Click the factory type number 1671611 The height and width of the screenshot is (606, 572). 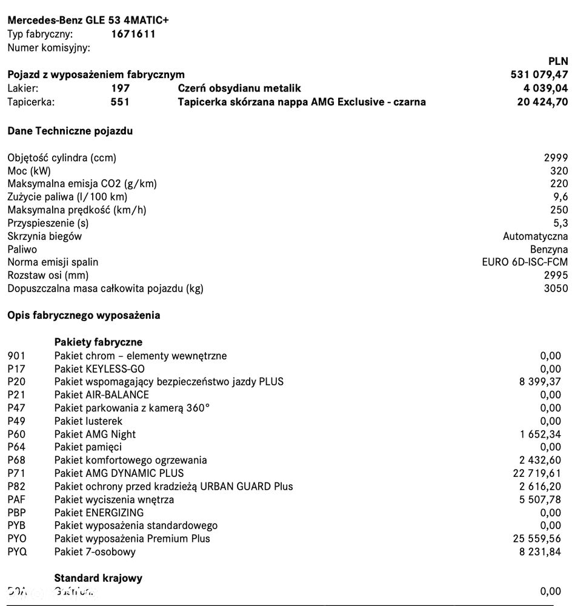[133, 34]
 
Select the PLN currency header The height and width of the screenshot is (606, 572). [557, 61]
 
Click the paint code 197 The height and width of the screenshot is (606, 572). [120, 88]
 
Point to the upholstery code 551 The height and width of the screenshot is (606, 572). [120, 102]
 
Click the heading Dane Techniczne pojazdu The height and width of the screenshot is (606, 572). [70, 131]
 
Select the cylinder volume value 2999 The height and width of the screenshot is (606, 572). [556, 158]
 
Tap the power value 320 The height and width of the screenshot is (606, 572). [559, 171]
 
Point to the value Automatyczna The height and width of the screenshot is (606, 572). [535, 236]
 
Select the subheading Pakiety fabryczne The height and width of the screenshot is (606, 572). [98, 342]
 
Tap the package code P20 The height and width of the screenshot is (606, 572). [16, 382]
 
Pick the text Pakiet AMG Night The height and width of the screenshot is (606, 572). [95, 434]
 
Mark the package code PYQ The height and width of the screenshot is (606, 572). [17, 551]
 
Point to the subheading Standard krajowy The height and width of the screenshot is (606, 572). [98, 578]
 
